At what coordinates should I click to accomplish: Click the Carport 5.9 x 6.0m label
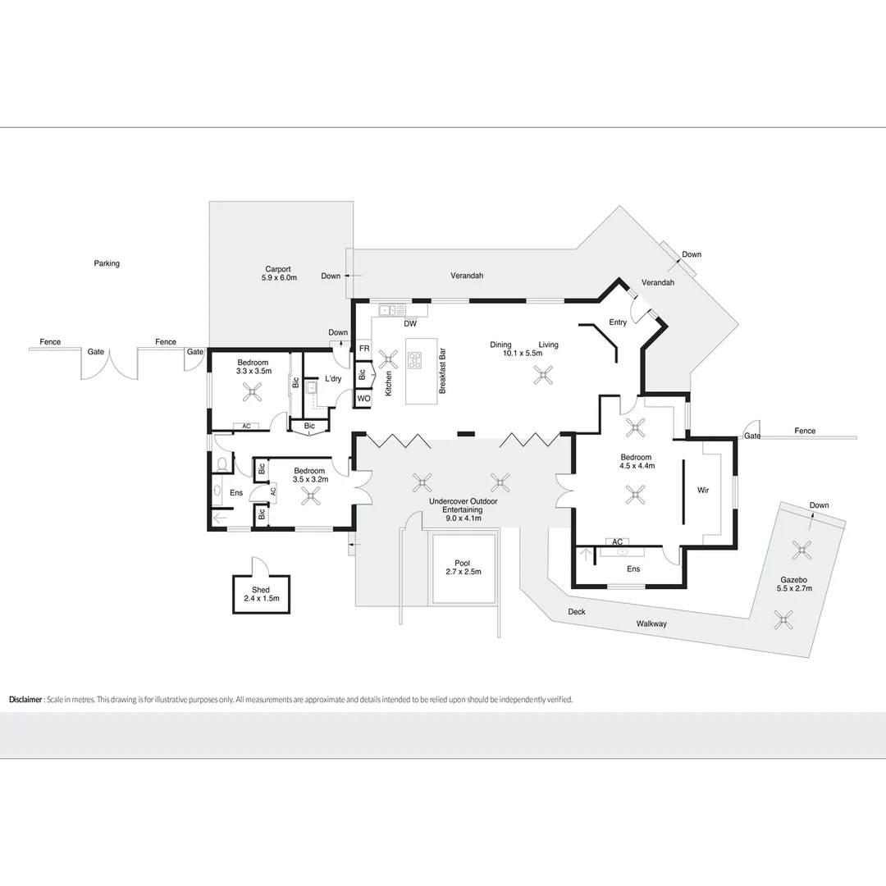tap(279, 273)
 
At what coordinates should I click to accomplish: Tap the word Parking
tap(107, 263)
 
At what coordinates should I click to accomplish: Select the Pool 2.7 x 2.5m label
tap(463, 568)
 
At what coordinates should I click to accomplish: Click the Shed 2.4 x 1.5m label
tap(261, 594)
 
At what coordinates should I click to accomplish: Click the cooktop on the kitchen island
tap(415, 360)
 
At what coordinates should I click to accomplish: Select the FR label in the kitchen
tap(364, 349)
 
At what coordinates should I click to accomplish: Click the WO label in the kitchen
tap(364, 399)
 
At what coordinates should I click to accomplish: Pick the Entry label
tap(618, 322)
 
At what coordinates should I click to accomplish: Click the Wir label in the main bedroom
tap(703, 490)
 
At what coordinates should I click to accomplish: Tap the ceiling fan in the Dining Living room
tap(544, 375)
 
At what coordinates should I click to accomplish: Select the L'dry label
tap(333, 378)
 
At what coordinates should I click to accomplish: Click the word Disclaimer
tap(25, 700)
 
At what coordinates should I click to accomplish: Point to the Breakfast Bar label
tap(442, 371)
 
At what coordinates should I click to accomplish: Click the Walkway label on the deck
tap(651, 623)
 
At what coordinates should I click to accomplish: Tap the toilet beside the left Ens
tap(222, 464)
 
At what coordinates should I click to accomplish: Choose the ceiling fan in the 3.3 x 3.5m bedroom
tap(253, 391)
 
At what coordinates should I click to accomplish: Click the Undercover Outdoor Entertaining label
tap(463, 509)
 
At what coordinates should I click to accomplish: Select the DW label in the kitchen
tap(410, 324)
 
